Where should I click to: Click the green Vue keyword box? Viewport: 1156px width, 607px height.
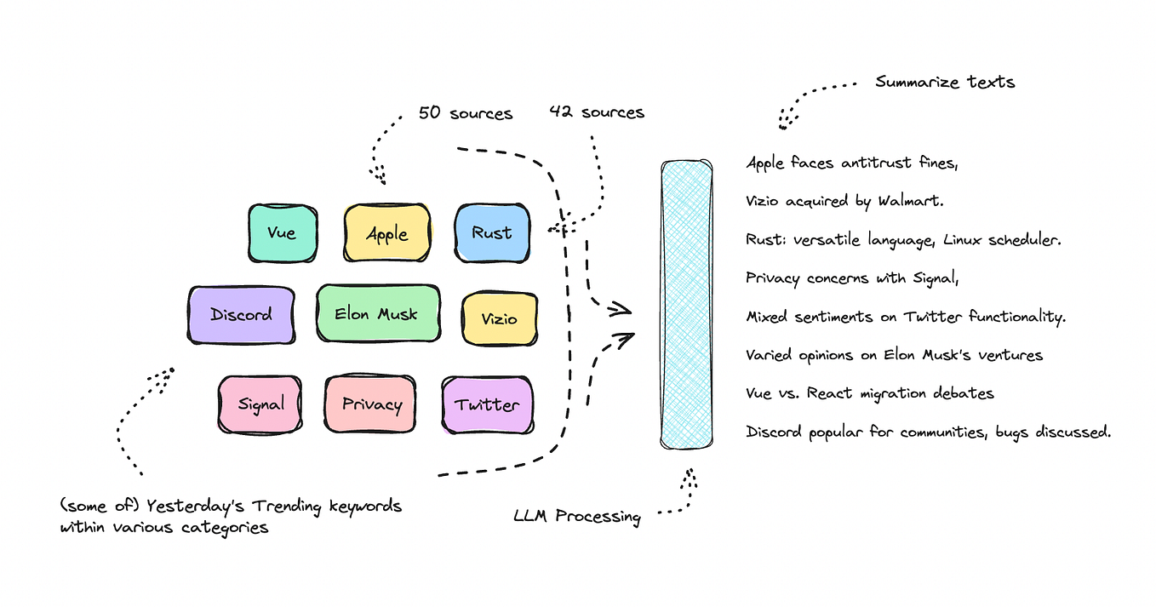283,232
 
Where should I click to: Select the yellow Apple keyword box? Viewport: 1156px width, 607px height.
386,233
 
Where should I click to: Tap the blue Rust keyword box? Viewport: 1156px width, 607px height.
492,232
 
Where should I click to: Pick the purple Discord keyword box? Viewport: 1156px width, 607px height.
241,315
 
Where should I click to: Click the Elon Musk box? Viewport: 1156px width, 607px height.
377,314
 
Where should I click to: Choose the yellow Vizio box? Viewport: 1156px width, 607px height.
499,318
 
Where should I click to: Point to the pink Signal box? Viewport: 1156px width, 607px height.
260,404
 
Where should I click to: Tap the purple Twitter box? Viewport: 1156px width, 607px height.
487,404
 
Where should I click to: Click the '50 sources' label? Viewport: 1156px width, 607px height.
466,112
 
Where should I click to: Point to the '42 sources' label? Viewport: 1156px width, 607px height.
596,112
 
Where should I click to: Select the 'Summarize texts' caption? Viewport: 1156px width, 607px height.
945,83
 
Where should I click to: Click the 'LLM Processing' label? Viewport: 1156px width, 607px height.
576,516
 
